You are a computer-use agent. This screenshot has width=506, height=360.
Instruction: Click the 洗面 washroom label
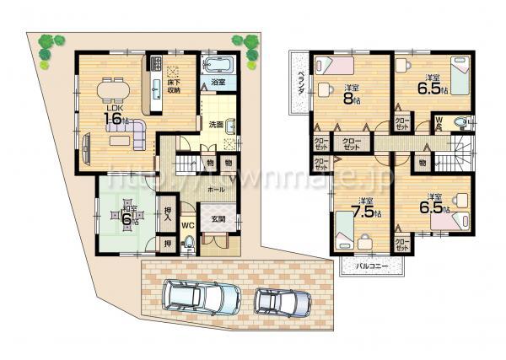(x=216, y=125)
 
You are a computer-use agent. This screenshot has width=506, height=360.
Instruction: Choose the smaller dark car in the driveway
(x=281, y=300)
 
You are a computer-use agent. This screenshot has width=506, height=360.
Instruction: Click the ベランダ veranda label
(x=300, y=84)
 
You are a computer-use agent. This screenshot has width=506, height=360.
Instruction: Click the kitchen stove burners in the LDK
(x=156, y=62)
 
